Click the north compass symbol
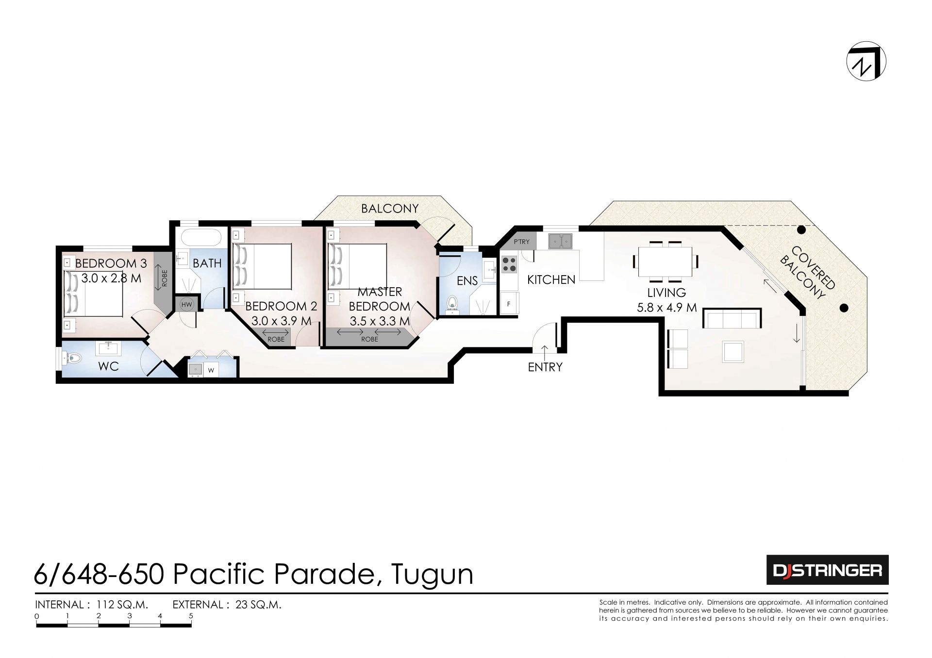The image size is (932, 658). point(866,62)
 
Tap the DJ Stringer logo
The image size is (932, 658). point(827,570)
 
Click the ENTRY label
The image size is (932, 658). point(545,367)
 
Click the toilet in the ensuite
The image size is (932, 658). point(452,303)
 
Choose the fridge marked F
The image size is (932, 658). point(509,304)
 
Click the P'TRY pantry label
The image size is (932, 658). point(522,241)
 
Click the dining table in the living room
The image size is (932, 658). point(665,262)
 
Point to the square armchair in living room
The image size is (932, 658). point(733,351)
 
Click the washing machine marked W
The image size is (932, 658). point(211,370)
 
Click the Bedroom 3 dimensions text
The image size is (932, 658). point(111,279)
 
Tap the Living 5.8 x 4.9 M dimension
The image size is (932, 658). point(666,307)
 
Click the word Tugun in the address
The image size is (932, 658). point(432,575)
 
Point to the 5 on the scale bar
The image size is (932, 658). point(191,616)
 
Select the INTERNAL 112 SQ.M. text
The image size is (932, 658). point(92,605)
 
